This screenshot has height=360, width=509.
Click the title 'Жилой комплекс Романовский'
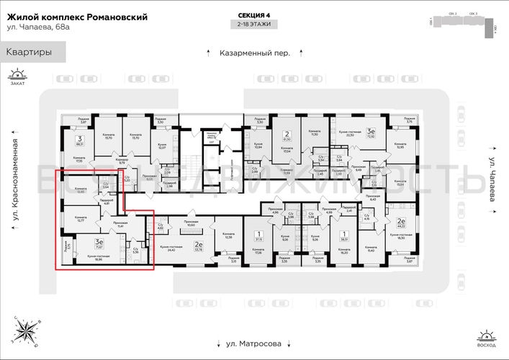click(x=76, y=17)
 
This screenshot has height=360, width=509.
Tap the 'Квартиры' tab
click(x=30, y=52)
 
